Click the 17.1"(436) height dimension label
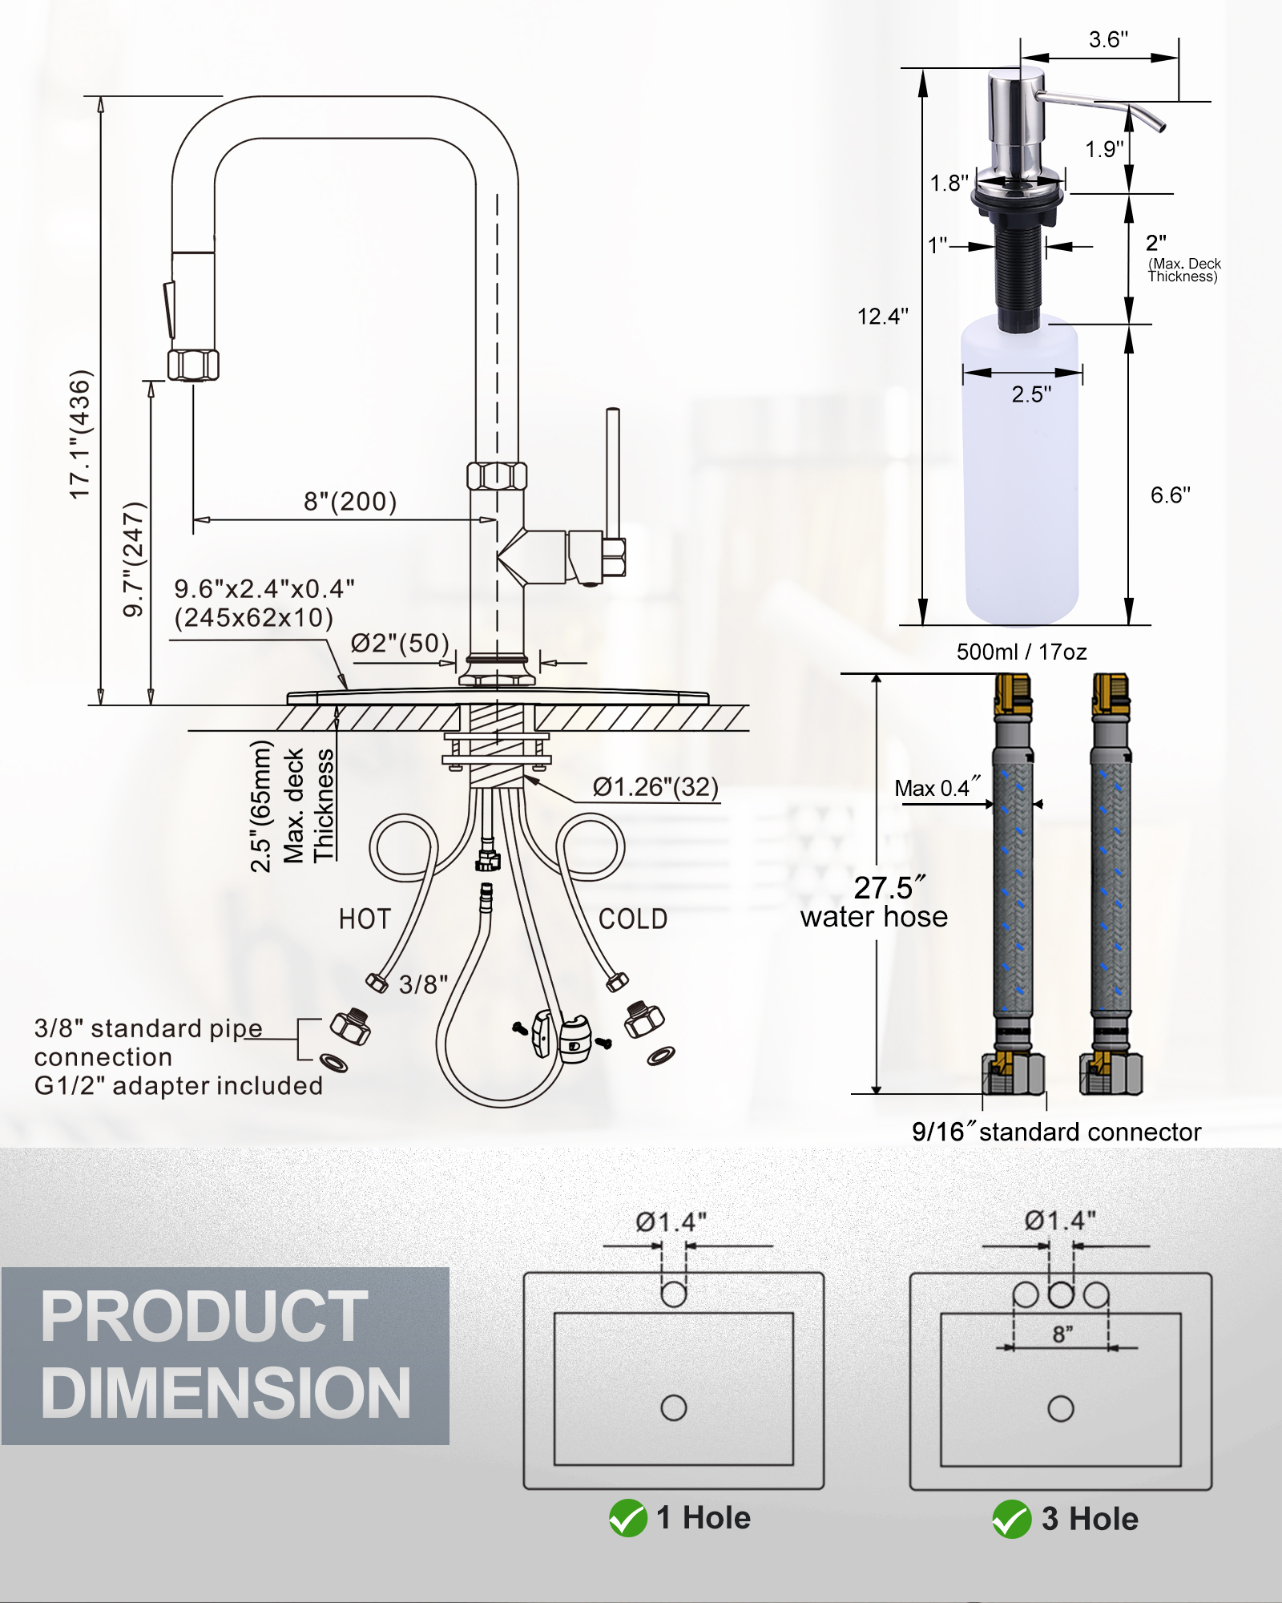pyautogui.click(x=81, y=434)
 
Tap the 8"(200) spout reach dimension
pyautogui.click(x=350, y=502)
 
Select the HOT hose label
pyautogui.click(x=365, y=919)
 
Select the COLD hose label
pyautogui.click(x=633, y=919)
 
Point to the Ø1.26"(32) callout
pyautogui.click(x=655, y=787)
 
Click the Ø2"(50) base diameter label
pyautogui.click(x=400, y=643)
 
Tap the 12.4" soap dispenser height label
pyautogui.click(x=882, y=317)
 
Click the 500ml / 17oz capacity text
pyautogui.click(x=1022, y=652)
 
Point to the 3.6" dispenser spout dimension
pyautogui.click(x=1108, y=39)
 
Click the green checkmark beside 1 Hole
pyautogui.click(x=627, y=1518)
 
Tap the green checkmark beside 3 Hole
pyautogui.click(x=1011, y=1519)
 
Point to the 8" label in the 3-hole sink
pyautogui.click(x=1062, y=1334)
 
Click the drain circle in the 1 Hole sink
pyautogui.click(x=674, y=1407)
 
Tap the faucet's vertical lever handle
pyautogui.click(x=613, y=473)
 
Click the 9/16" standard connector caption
pyautogui.click(x=1056, y=1132)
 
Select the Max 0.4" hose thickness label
pyautogui.click(x=937, y=789)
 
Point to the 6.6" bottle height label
pyautogui.click(x=1170, y=495)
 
